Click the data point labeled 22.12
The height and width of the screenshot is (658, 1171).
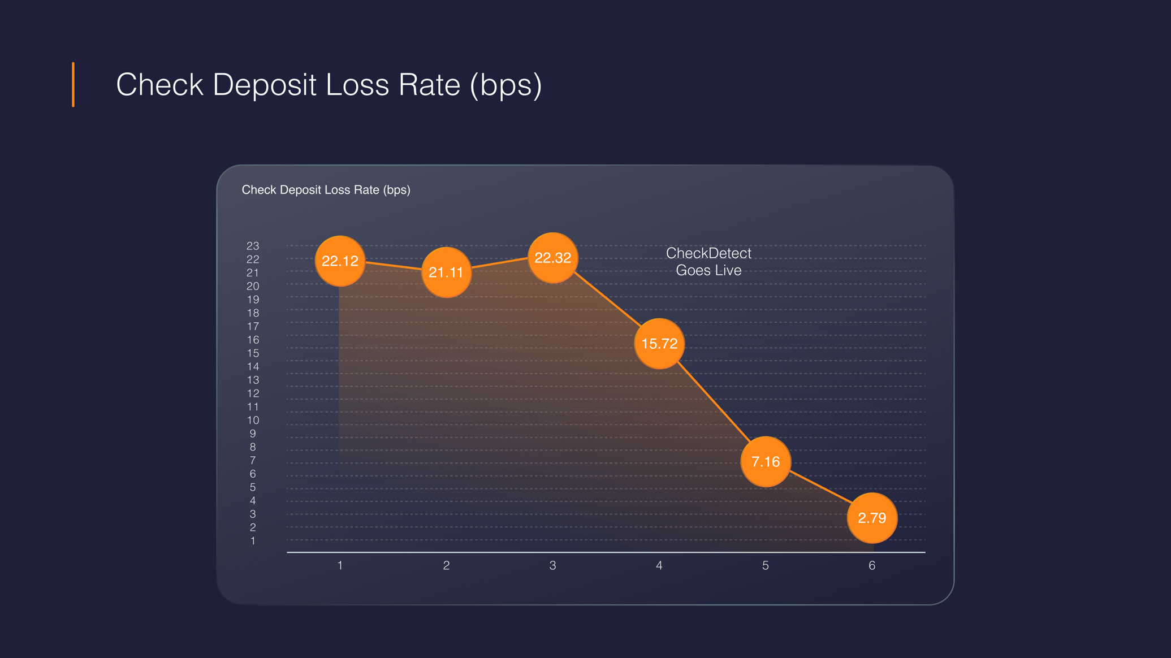click(x=340, y=261)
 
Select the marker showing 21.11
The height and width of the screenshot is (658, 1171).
click(x=446, y=272)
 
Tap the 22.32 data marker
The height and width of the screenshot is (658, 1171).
click(x=552, y=258)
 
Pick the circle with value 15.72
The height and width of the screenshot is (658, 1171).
click(x=659, y=343)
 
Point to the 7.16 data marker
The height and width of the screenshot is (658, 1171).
click(x=766, y=462)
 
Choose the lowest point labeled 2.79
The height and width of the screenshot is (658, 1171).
click(x=872, y=518)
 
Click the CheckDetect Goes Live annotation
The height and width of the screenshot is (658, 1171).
click(x=708, y=262)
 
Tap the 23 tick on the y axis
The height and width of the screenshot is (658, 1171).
click(x=253, y=246)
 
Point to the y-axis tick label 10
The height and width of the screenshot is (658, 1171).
click(x=253, y=420)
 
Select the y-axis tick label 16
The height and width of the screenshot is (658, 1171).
click(x=253, y=340)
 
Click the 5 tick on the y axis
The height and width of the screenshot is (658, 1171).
click(x=253, y=487)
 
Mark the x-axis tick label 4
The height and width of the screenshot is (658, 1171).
click(x=659, y=565)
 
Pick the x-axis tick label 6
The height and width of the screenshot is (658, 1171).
click(x=872, y=565)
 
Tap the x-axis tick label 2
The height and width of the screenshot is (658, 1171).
click(x=446, y=565)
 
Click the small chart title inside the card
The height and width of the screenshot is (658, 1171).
click(x=326, y=190)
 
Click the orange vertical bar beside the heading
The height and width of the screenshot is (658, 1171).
click(x=73, y=85)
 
